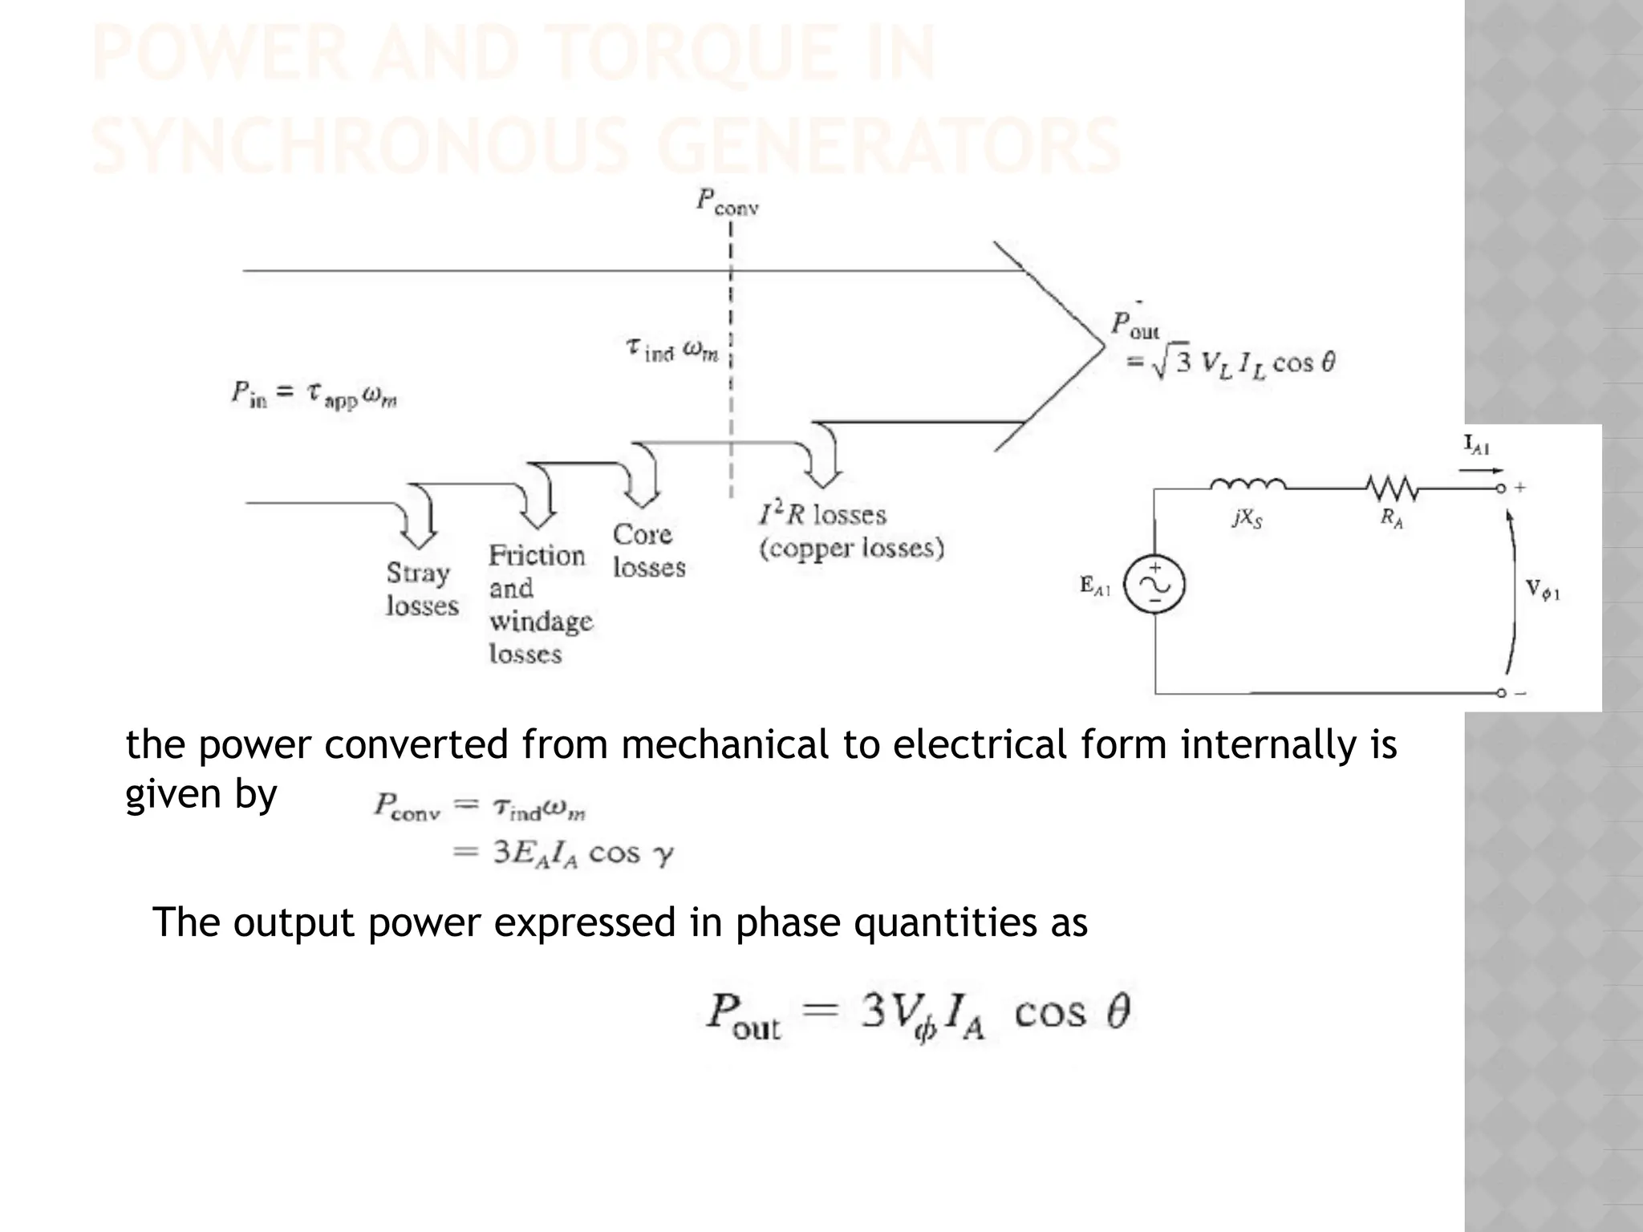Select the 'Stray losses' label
click(x=421, y=589)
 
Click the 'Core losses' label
click(x=648, y=550)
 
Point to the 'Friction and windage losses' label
click(x=539, y=604)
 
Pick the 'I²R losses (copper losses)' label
click(x=850, y=531)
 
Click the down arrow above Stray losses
click(x=420, y=518)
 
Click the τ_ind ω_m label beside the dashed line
click(x=671, y=350)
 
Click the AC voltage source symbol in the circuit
click(x=1154, y=586)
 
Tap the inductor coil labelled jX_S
click(x=1247, y=485)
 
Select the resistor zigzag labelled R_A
click(x=1391, y=486)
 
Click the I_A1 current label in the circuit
click(x=1476, y=446)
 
